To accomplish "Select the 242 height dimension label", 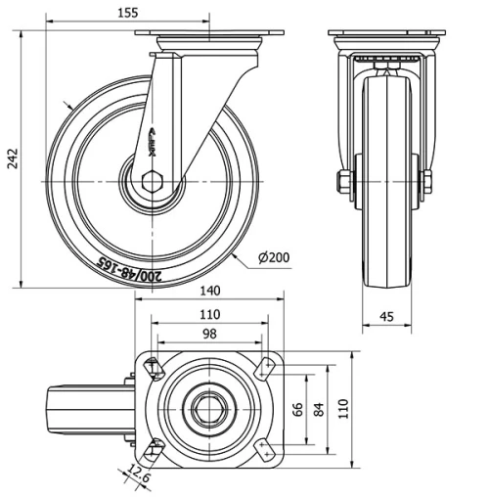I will click(13, 160).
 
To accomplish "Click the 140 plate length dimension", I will click(206, 291).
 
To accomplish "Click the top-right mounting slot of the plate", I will click(262, 369).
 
